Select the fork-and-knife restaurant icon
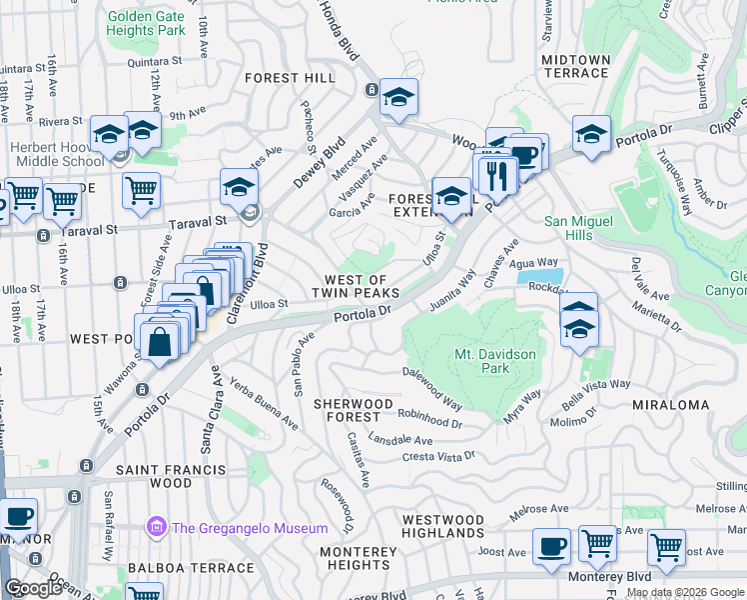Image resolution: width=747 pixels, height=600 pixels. point(496,176)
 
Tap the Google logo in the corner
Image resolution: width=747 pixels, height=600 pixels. point(34,587)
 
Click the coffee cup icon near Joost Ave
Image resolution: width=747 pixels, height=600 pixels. point(549,546)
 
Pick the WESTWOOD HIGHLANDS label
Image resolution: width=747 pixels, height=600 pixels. point(442,527)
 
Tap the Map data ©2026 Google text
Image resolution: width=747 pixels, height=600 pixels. point(685,592)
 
